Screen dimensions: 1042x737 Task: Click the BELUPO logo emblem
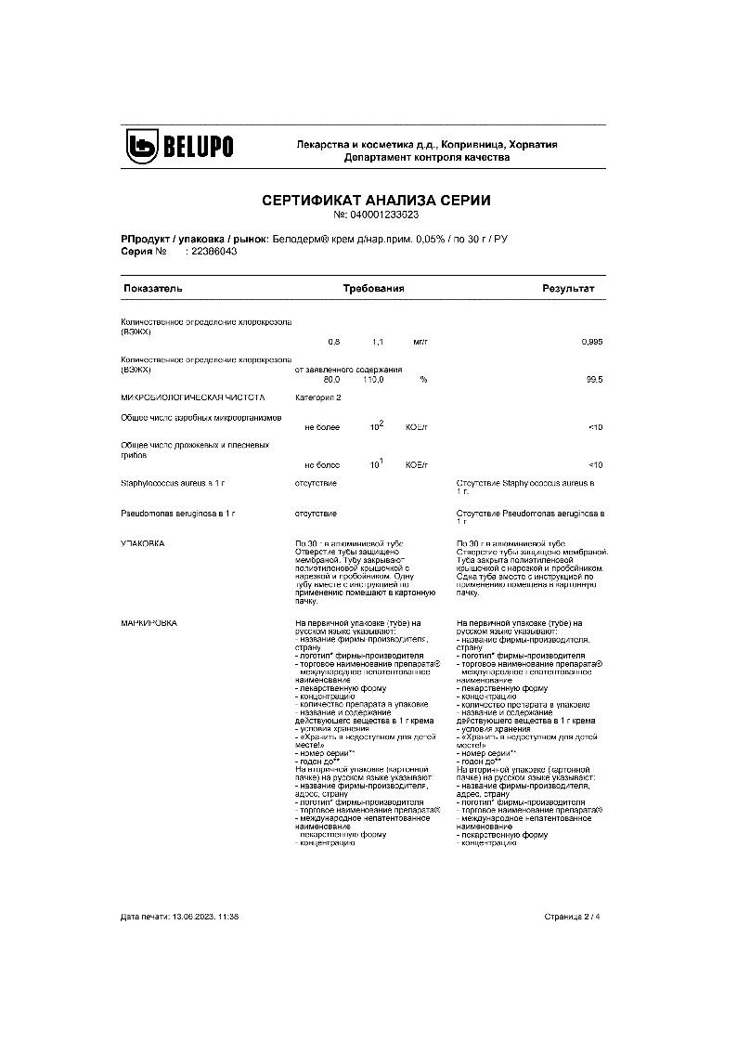point(144,146)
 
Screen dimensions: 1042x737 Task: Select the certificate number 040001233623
point(383,215)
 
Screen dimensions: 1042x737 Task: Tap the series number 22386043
point(212,252)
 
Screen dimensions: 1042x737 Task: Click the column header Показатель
point(153,289)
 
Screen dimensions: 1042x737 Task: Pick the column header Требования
point(373,289)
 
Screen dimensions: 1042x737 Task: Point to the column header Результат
point(568,289)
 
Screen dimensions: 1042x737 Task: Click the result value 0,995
point(591,342)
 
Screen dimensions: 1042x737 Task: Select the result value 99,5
point(594,380)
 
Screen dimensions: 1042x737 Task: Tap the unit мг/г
point(420,342)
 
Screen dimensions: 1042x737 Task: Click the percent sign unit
point(423,380)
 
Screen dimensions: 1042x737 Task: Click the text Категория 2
point(318,397)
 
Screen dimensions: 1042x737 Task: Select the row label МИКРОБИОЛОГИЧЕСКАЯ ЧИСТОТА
point(186,397)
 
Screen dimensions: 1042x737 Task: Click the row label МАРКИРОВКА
point(149,622)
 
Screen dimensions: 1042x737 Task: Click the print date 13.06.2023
point(192,917)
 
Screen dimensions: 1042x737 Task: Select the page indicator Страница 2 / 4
point(573,917)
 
